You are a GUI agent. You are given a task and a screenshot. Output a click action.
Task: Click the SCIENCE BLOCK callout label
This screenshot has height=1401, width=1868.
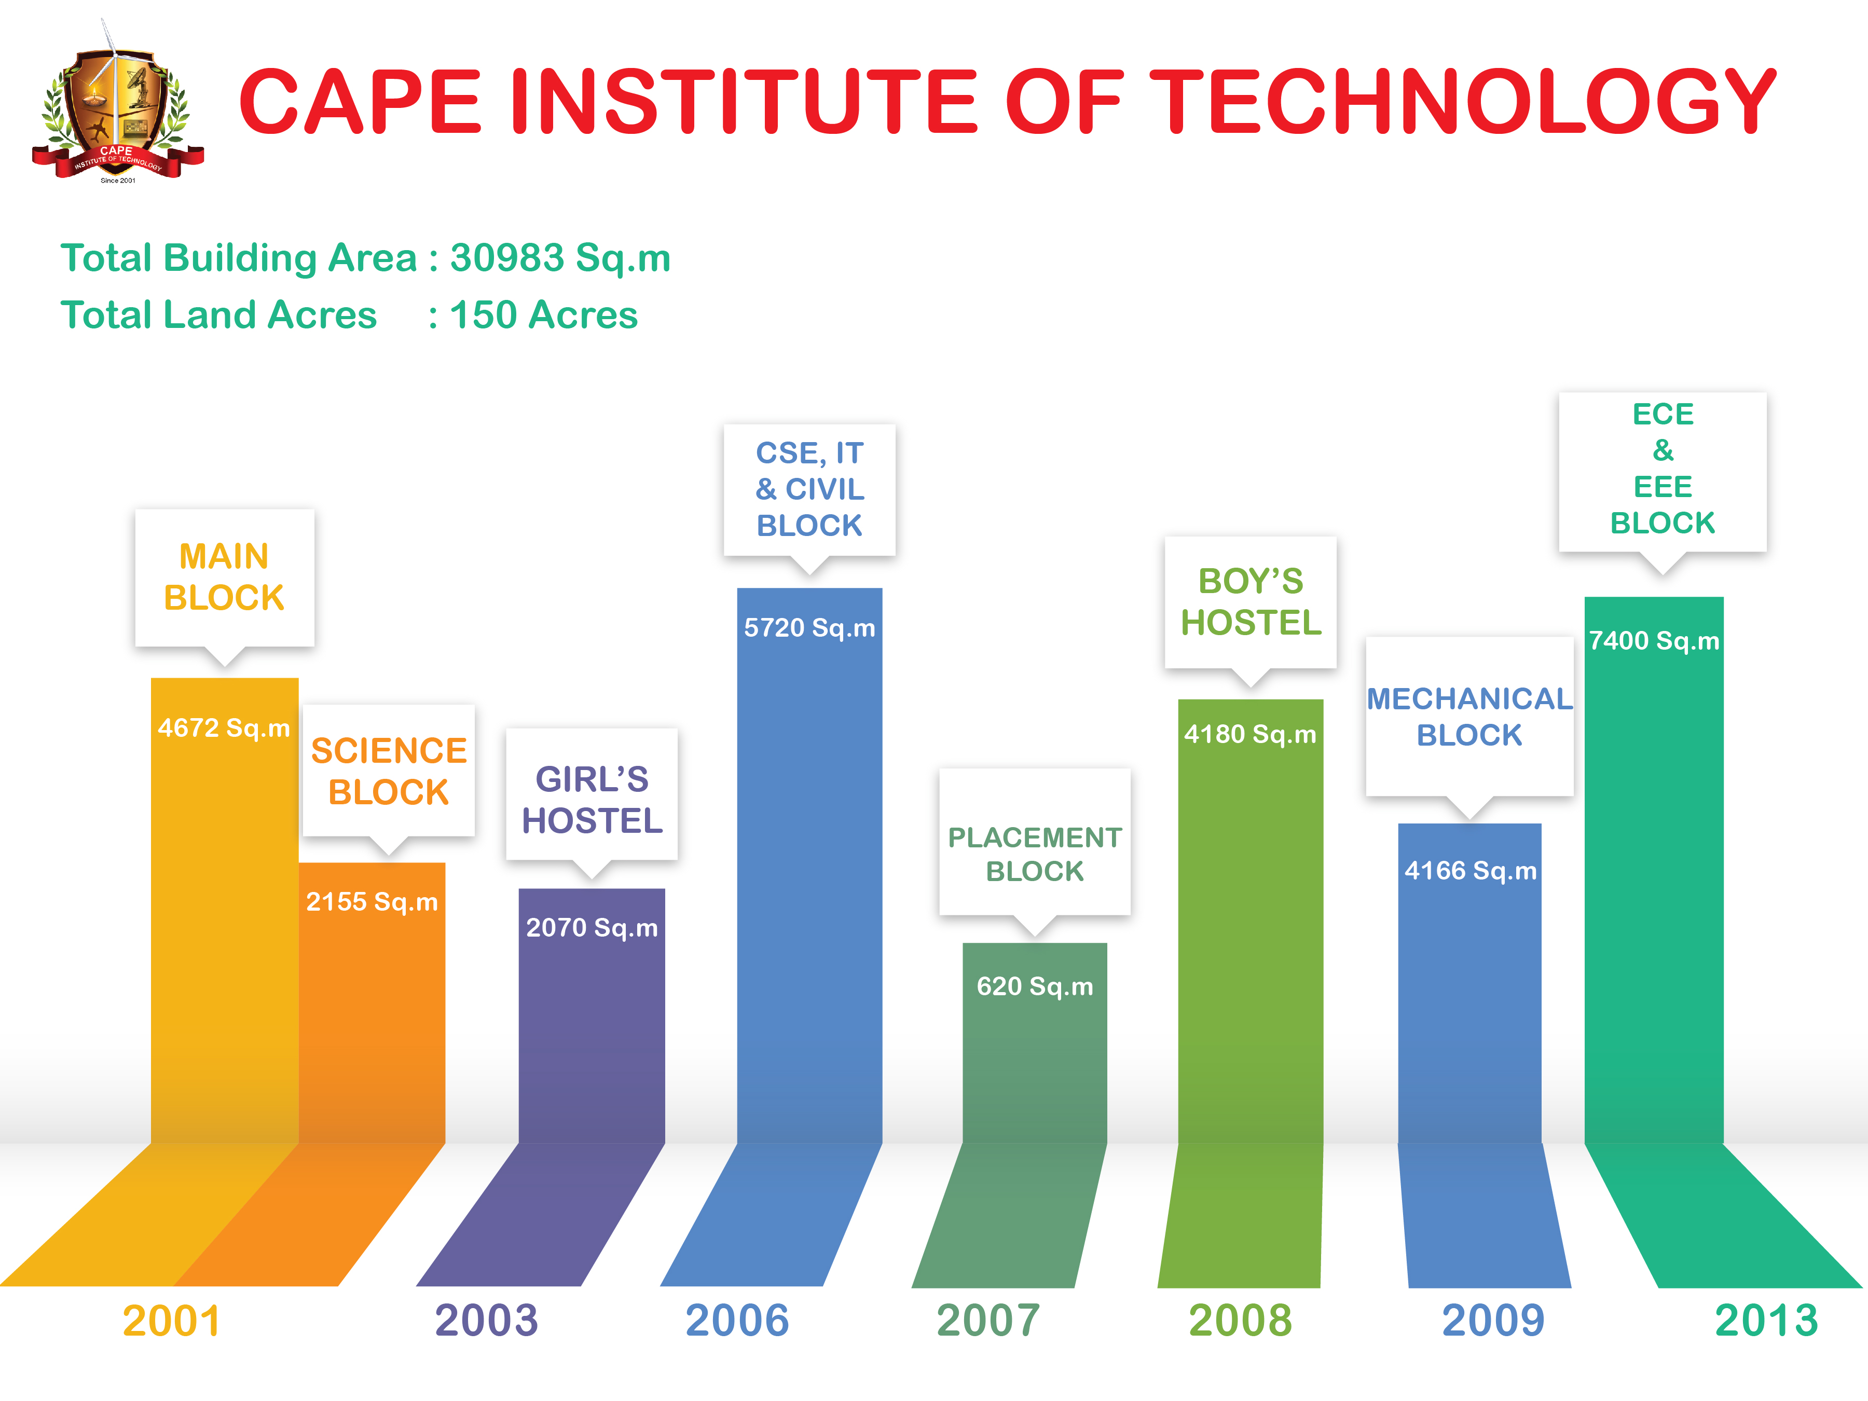pos(389,771)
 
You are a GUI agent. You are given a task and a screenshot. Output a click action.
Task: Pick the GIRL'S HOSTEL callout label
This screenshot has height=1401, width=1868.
pos(592,800)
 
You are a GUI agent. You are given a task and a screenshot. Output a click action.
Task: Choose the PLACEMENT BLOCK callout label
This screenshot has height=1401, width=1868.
pos(1035,854)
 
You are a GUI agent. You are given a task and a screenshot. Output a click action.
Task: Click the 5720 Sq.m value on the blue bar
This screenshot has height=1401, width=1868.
pos(809,627)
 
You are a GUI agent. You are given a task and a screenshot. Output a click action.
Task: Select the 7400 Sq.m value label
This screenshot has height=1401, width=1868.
pos(1654,640)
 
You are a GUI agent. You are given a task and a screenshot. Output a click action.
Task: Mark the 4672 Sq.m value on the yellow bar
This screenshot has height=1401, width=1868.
pos(224,727)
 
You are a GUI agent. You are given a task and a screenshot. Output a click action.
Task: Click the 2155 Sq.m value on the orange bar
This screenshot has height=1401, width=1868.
pos(372,901)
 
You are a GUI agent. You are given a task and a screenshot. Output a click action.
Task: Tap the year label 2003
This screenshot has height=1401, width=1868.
pos(486,1320)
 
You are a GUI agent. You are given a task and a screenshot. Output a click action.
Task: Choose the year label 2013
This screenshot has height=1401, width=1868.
pos(1766,1320)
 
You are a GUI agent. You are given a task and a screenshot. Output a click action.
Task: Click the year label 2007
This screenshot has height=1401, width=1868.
pos(988,1320)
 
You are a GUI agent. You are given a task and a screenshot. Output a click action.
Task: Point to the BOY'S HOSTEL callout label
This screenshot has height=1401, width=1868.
pos(1251,602)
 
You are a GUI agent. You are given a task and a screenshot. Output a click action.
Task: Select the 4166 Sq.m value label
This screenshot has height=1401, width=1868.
pos(1470,870)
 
